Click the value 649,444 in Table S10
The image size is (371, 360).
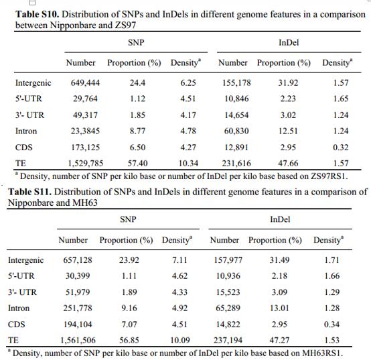85,82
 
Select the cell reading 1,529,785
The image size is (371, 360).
86,163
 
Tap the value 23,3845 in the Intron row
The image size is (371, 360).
85,131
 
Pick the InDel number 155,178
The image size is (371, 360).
236,82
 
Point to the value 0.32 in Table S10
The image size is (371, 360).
341,147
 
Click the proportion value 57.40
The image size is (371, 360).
137,163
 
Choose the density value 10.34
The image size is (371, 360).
188,163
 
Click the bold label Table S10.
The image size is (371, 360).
37,14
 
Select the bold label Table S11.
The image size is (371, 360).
30,192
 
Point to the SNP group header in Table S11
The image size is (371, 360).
128,219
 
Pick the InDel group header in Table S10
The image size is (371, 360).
289,43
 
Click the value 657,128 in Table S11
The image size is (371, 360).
78,260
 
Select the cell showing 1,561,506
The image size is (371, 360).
78,341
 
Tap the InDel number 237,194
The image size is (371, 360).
228,341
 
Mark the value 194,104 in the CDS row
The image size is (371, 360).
78,324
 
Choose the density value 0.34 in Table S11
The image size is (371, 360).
331,324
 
